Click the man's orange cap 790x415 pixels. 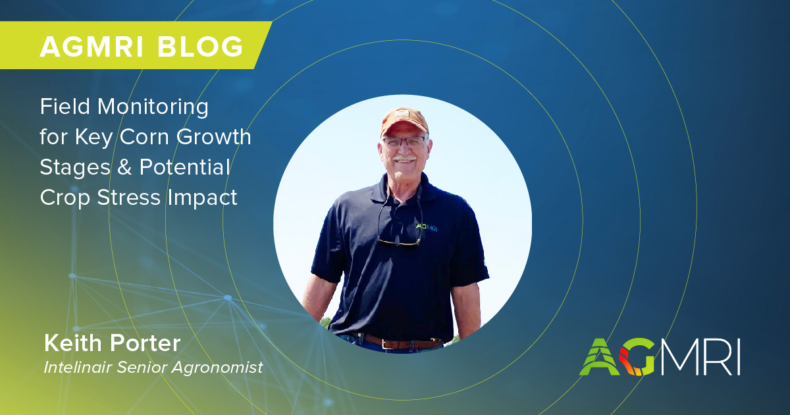pyautogui.click(x=403, y=121)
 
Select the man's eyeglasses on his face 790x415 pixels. pyautogui.click(x=403, y=142)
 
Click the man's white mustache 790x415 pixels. pyautogui.click(x=404, y=159)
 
